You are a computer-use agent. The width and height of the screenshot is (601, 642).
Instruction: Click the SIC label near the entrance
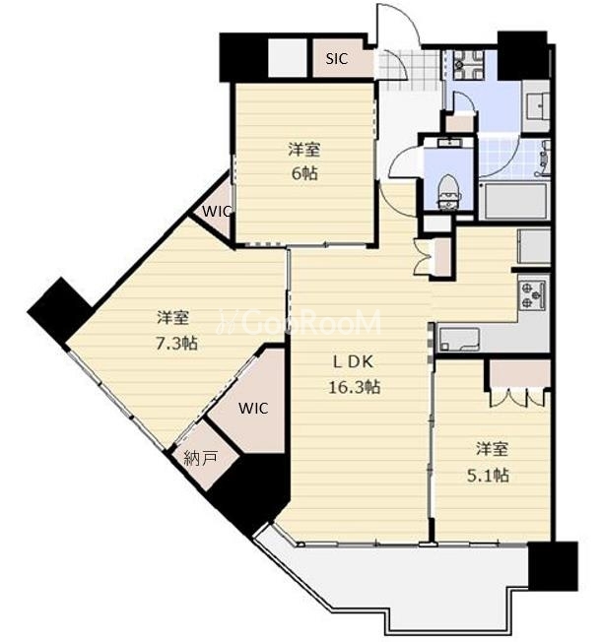click(x=336, y=59)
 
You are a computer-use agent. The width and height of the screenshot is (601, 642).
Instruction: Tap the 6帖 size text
click(x=304, y=174)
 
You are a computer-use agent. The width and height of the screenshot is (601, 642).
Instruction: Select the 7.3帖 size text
click(x=176, y=343)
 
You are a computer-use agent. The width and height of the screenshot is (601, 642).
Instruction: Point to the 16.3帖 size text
click(x=354, y=387)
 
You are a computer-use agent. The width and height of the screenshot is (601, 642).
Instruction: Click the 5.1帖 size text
click(x=489, y=476)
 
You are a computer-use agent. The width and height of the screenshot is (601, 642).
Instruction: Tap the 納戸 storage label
click(x=200, y=459)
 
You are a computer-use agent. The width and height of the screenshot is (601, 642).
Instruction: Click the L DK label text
click(x=353, y=362)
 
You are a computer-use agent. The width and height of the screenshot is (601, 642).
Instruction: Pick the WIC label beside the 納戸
click(x=253, y=409)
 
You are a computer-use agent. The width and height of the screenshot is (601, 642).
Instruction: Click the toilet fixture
click(x=449, y=192)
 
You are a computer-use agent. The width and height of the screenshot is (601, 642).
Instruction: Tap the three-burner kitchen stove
click(x=533, y=294)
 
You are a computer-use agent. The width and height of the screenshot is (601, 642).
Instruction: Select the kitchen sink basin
click(x=459, y=339)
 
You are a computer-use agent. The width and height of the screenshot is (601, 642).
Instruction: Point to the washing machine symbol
click(x=467, y=65)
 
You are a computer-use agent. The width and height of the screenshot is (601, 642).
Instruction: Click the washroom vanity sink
click(x=536, y=105)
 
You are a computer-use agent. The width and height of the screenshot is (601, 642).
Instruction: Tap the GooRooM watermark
click(x=300, y=322)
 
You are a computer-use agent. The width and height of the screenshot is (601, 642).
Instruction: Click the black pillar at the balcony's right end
click(x=553, y=566)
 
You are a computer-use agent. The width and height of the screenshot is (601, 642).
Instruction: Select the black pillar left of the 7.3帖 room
click(x=60, y=311)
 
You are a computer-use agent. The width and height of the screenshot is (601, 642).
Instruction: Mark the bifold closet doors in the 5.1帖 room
click(x=517, y=397)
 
